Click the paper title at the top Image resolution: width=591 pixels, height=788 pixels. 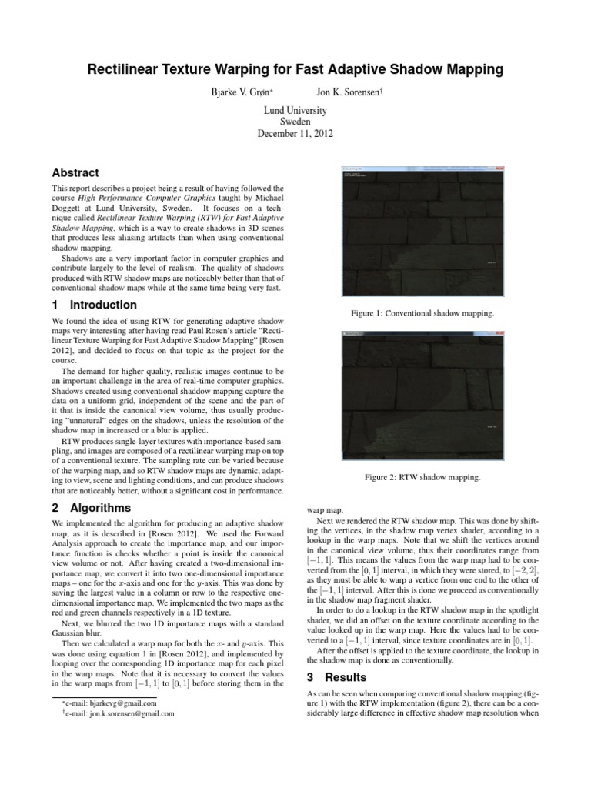[x=295, y=70]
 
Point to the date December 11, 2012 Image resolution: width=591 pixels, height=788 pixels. [x=295, y=133]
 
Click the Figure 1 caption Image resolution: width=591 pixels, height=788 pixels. [x=422, y=314]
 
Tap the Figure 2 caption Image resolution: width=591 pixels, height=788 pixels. [x=422, y=478]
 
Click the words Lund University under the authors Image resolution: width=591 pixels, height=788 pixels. [x=295, y=110]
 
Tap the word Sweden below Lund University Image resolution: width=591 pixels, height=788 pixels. [x=295, y=122]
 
